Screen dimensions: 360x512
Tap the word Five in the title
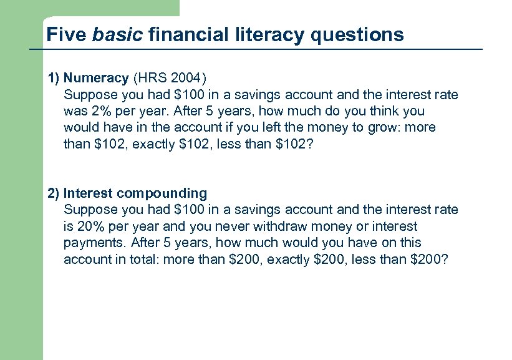66,34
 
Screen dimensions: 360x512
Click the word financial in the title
186,34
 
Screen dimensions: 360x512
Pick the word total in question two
145,258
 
